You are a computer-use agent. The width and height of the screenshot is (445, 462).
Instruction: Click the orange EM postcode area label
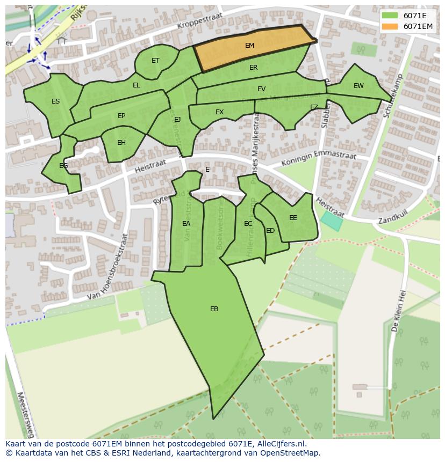pyautogui.click(x=249, y=46)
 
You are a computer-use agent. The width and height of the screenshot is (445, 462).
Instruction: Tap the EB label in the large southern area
pyautogui.click(x=214, y=309)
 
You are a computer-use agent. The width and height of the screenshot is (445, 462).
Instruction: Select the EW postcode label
pyautogui.click(x=358, y=86)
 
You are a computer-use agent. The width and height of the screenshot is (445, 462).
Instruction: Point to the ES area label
pyautogui.click(x=55, y=101)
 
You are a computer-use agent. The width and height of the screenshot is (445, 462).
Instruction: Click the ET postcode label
pyautogui.click(x=155, y=61)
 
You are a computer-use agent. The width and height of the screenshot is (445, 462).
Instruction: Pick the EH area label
pyautogui.click(x=121, y=143)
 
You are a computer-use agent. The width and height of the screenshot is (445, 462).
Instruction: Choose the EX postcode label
pyautogui.click(x=219, y=112)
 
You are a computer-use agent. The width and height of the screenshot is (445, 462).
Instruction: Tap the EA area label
pyautogui.click(x=186, y=224)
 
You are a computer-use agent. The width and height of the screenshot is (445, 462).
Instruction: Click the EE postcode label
pyautogui.click(x=293, y=218)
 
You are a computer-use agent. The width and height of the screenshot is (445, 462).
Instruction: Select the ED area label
pyautogui.click(x=270, y=231)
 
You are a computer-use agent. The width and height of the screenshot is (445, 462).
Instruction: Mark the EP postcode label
pyautogui.click(x=121, y=116)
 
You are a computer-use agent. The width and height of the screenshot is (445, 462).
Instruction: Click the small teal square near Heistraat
pyautogui.click(x=331, y=221)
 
